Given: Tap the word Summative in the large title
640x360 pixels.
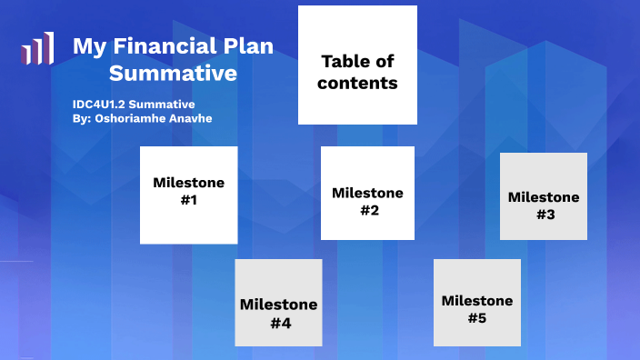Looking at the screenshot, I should point(173,73).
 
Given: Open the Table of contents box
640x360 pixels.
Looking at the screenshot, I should point(358,65).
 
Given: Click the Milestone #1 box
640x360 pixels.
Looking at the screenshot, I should point(188,195).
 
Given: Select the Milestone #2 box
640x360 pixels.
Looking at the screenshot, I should point(367,193).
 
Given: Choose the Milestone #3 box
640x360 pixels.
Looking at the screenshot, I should point(543,196).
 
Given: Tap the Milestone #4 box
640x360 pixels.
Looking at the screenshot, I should point(278,303).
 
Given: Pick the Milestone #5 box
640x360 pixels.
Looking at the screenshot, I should point(476,303).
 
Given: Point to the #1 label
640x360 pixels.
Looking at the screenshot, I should point(189,200).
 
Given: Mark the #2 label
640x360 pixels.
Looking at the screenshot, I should point(368,210).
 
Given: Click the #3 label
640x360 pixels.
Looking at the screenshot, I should point(545,215).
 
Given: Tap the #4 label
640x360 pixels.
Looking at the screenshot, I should point(279,322).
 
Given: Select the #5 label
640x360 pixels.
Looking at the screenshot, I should point(477,317).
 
